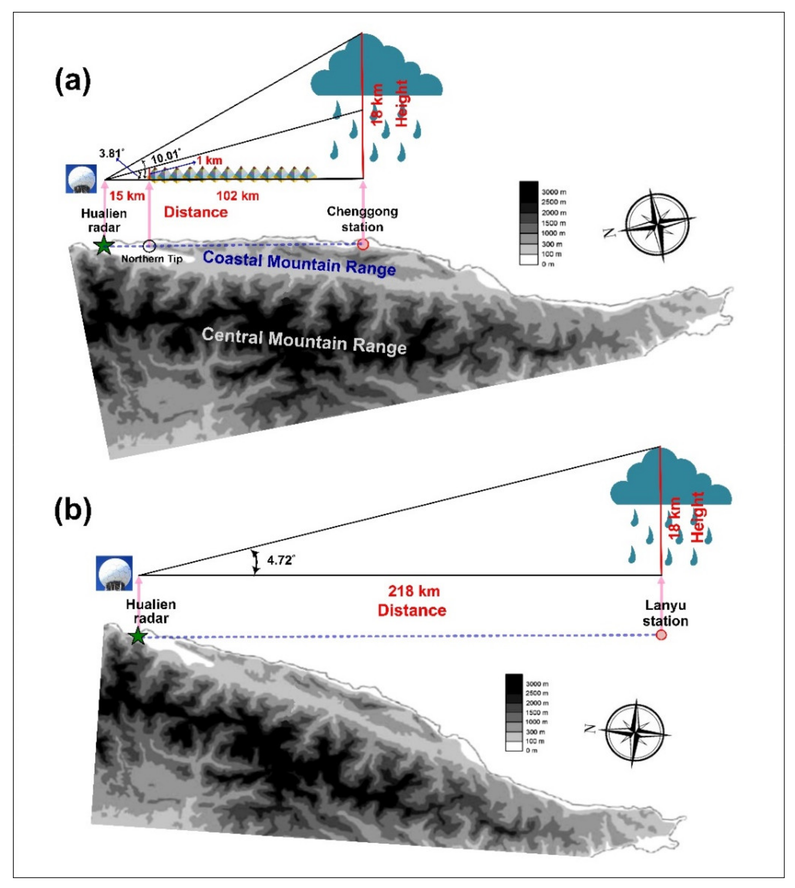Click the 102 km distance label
pyautogui.click(x=238, y=196)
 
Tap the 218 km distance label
pyautogui.click(x=414, y=591)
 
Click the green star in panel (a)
pyautogui.click(x=104, y=245)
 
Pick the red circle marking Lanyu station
pyautogui.click(x=661, y=635)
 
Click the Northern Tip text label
pyautogui.click(x=152, y=259)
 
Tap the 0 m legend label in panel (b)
pyautogui.click(x=532, y=750)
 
